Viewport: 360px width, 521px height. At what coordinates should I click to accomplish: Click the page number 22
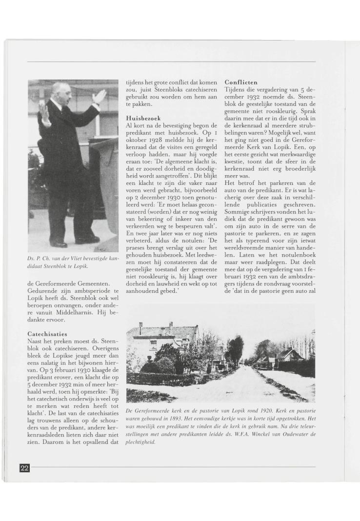click(25, 468)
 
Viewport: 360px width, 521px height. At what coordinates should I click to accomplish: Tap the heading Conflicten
click(241, 82)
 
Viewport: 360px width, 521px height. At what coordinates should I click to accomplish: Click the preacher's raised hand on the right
click(100, 96)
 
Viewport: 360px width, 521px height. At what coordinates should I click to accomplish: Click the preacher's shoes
click(73, 241)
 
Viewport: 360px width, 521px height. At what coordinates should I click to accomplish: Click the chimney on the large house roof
click(140, 325)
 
